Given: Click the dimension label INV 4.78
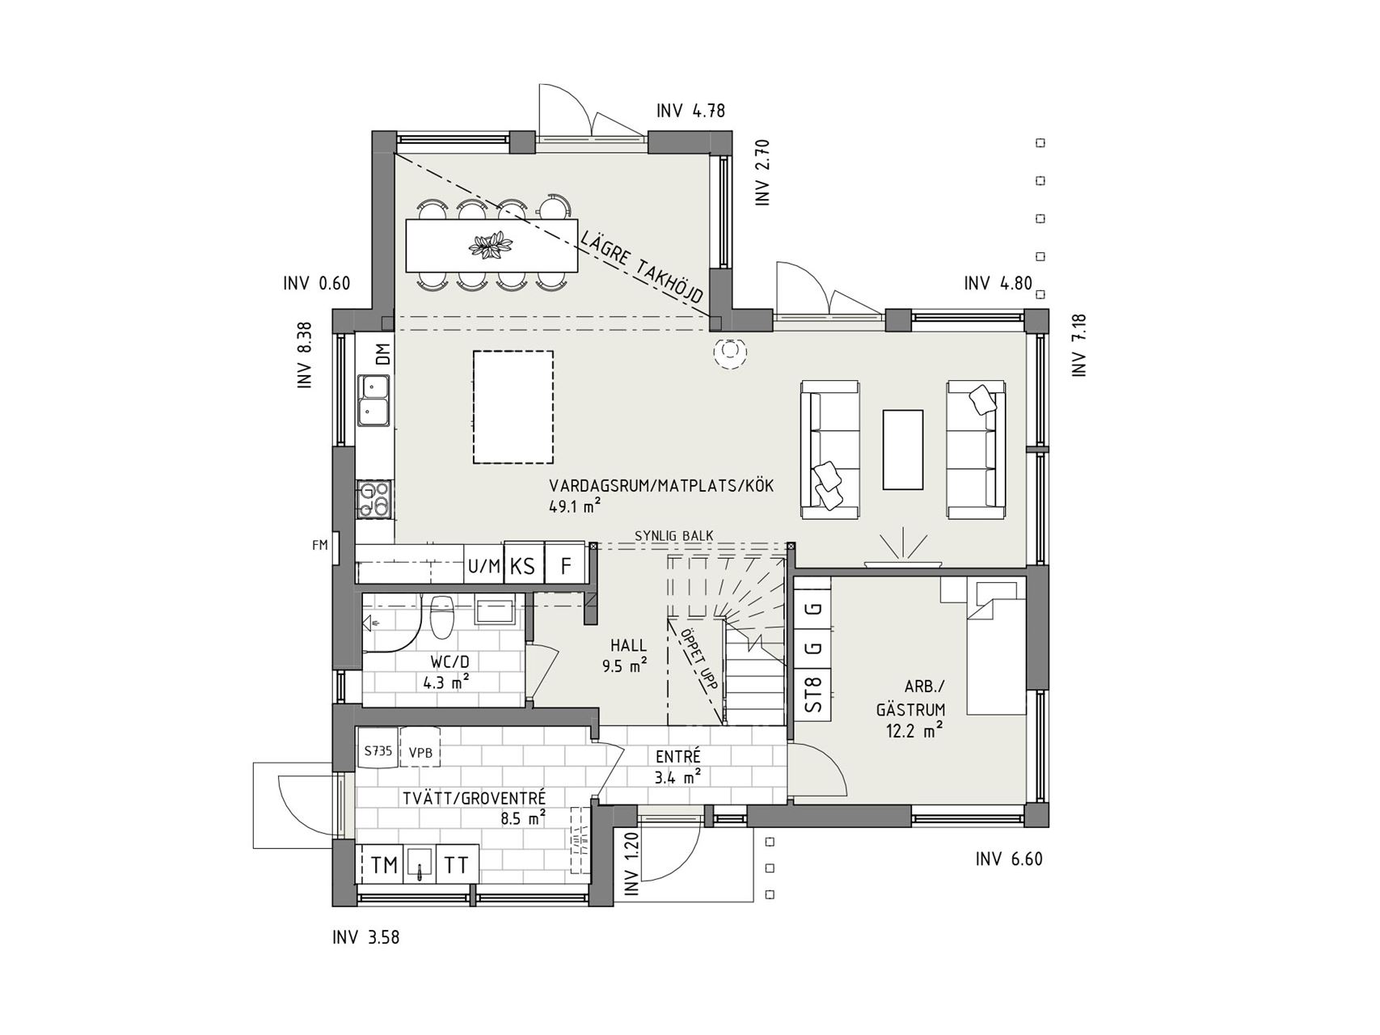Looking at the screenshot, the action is pos(690,112).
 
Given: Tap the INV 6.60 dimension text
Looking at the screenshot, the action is pos(1009,860).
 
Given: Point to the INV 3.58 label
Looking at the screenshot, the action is pos(365,938).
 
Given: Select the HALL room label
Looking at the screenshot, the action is pos(628,645).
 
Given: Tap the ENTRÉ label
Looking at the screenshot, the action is pos(678,757).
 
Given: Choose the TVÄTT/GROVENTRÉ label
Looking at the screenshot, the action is pos(475,799).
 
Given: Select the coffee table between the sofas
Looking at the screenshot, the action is pos(903,450).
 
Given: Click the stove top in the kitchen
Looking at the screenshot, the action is pos(374,499).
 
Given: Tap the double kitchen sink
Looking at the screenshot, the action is pos(374,400).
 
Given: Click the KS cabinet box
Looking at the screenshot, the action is pos(523,566).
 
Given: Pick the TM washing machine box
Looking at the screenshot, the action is pos(385,865).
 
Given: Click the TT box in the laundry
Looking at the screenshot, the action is pos(458,865).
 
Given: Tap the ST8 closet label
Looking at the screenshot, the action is pos(813,694).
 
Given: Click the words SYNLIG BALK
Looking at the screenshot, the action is pos(673,535).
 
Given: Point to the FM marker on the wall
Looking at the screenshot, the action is pos(320,545).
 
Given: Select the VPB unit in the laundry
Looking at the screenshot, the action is pos(420,753).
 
